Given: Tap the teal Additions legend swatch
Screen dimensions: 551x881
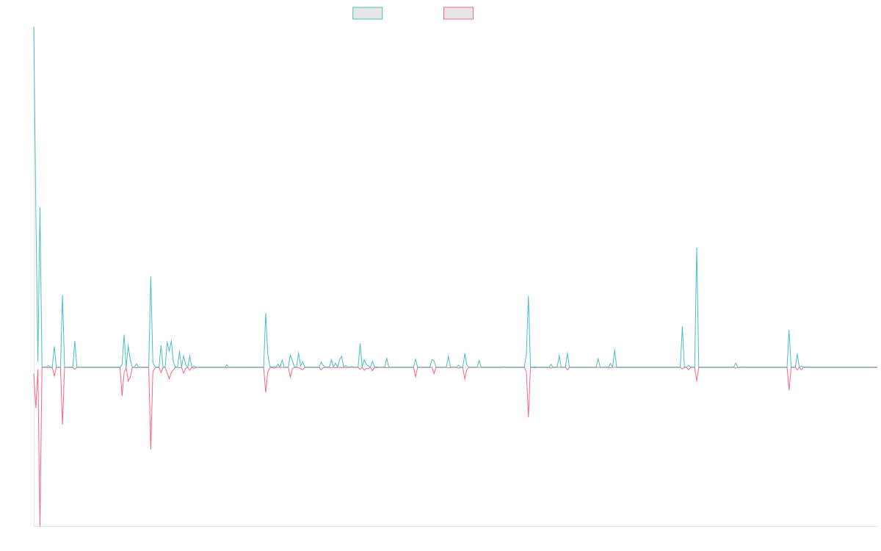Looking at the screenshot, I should tap(368, 13).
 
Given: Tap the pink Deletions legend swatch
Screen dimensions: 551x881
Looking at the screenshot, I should tap(458, 13).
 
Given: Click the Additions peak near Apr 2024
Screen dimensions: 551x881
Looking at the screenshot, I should tap(696, 248).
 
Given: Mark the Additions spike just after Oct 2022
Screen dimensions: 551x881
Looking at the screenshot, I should tap(529, 296).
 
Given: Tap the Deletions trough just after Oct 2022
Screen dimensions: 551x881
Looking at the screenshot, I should tap(529, 417).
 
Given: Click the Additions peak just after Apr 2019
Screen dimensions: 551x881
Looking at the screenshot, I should tap(151, 276).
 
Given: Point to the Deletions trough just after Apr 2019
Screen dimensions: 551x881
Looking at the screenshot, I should tap(151, 448).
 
